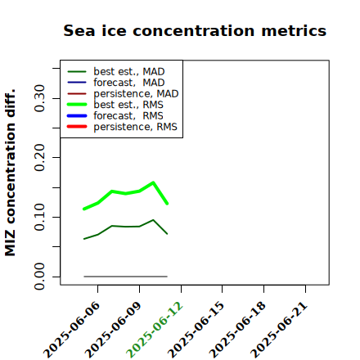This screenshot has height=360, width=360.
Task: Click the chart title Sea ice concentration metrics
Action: pos(195,31)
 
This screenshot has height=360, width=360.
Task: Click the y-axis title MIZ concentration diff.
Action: pos(10,173)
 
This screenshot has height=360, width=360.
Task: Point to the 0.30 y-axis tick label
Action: pos(40,98)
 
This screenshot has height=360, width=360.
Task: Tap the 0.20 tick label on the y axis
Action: pos(40,158)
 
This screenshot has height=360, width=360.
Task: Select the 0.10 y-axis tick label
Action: pos(40,217)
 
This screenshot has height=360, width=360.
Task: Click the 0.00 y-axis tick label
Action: pos(40,277)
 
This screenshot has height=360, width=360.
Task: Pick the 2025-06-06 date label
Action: pos(71,330)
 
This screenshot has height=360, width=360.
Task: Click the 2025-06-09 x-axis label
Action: pos(113,330)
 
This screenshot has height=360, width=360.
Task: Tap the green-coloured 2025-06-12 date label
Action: pos(155,330)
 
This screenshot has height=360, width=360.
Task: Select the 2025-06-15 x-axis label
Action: pos(196,330)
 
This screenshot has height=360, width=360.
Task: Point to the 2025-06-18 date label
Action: pos(237,330)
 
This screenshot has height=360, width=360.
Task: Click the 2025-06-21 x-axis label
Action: pos(279,330)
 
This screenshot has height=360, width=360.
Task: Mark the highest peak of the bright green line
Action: pos(153,182)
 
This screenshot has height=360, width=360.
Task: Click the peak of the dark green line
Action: pos(153,220)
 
